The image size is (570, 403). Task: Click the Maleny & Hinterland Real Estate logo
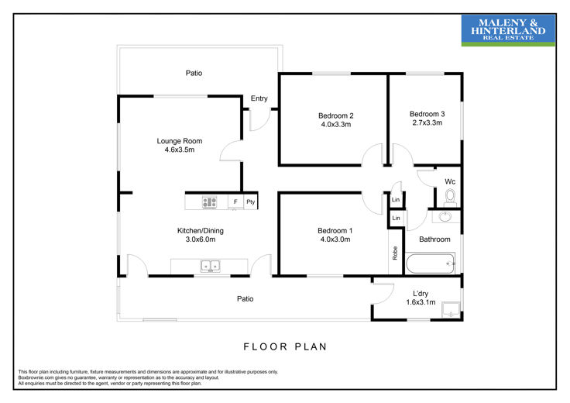508,30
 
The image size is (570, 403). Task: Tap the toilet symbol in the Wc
450,197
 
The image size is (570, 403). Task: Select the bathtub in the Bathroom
430,263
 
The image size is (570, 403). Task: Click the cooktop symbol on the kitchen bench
209,202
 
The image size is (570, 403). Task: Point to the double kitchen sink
210,267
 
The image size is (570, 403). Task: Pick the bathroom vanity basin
445,217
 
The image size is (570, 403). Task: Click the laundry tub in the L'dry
451,310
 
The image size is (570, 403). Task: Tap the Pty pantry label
250,201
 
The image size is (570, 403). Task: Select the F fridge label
235,201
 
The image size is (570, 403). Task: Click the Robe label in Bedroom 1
395,253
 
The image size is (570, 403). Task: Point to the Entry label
259,98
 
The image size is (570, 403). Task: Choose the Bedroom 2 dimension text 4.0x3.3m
336,125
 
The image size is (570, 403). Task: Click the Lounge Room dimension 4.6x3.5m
180,150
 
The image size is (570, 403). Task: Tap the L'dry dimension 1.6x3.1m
421,302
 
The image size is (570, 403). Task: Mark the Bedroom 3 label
428,114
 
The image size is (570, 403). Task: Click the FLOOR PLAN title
285,346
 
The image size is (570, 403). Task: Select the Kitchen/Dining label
201,231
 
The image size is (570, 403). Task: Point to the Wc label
450,181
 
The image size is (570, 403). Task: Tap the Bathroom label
434,239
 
